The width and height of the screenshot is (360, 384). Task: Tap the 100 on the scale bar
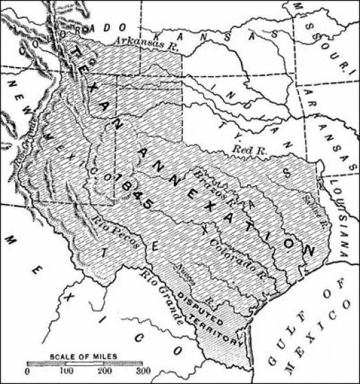(x=70, y=372)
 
